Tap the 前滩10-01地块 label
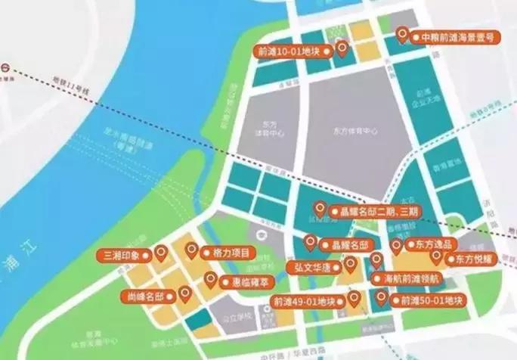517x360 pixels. click(294, 51)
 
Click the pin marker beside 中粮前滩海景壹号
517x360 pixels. click(402, 35)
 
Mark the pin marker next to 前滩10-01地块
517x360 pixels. click(342, 49)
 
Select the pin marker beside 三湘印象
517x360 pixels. click(160, 253)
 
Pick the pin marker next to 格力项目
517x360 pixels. click(191, 250)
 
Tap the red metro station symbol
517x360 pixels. click(5, 67)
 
